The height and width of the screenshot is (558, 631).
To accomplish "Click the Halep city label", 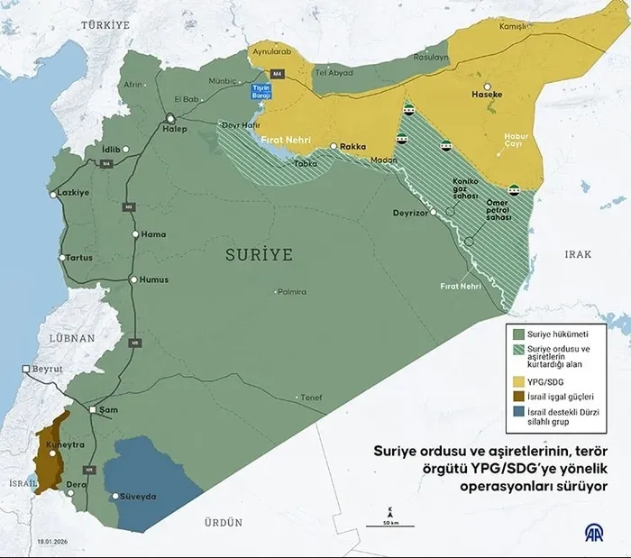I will (173, 129).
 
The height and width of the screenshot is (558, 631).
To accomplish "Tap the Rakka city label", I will (352, 146).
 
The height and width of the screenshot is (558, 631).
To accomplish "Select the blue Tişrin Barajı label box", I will (261, 91).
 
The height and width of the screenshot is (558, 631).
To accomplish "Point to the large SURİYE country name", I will (259, 255).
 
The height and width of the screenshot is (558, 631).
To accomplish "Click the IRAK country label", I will (578, 255).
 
